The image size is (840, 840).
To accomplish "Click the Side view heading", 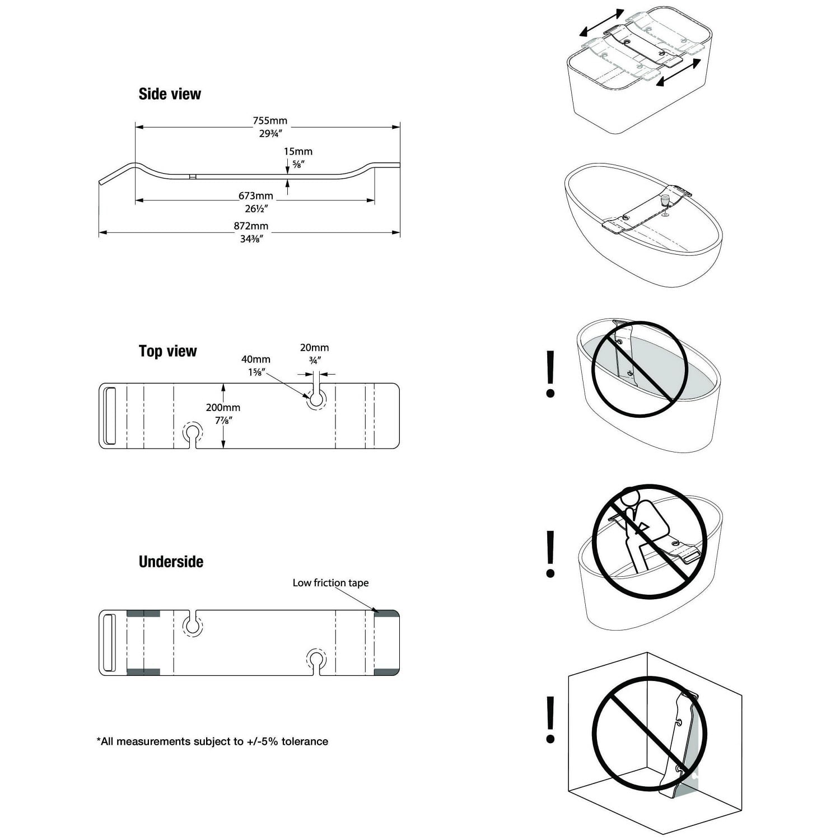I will click(170, 94).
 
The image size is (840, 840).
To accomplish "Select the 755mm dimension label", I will click(269, 121).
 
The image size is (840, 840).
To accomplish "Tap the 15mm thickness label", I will click(298, 152).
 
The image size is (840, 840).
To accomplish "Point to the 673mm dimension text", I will click(255, 196).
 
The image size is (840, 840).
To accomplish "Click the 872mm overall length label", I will click(251, 226).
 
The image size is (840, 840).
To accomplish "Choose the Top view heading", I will click(167, 352).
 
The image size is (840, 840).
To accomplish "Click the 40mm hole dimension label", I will click(256, 360).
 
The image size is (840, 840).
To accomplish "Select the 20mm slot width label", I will click(314, 348).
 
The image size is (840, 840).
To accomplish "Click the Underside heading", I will click(171, 562).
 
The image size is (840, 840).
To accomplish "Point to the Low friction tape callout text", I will click(330, 583).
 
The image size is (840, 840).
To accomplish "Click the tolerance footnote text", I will click(212, 741).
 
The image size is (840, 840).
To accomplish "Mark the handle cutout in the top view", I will click(110, 416).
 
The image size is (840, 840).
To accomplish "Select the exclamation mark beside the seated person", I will click(550, 554).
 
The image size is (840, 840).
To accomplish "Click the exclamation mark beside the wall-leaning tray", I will click(550, 720).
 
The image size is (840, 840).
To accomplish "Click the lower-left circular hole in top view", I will click(193, 432).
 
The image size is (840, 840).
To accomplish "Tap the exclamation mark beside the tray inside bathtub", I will click(550, 374).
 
